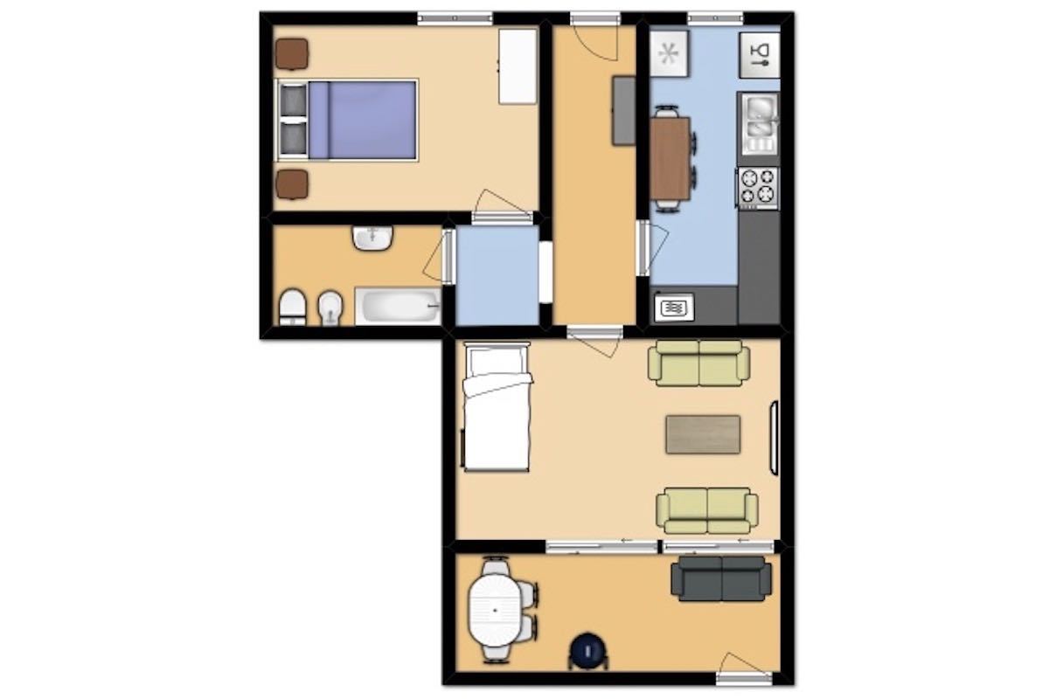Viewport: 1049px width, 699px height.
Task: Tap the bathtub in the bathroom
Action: click(x=398, y=307)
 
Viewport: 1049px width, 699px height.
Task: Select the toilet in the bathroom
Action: click(x=292, y=308)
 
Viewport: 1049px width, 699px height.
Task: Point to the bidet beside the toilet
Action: click(x=330, y=308)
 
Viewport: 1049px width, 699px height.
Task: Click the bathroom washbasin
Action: click(x=373, y=238)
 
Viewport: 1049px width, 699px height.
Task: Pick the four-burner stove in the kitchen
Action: click(x=758, y=186)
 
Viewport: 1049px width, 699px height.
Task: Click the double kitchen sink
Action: click(x=758, y=121)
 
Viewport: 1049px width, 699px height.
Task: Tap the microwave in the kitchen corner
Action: click(x=674, y=308)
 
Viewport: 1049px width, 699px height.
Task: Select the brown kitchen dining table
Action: click(x=670, y=158)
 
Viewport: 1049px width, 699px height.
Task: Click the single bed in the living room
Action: click(x=497, y=406)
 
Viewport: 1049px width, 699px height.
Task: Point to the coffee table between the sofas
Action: click(x=703, y=434)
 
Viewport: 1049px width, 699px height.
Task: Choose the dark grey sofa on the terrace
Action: click(x=721, y=578)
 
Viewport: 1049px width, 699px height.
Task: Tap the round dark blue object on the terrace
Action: click(x=587, y=651)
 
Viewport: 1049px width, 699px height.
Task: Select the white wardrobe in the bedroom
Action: click(x=518, y=66)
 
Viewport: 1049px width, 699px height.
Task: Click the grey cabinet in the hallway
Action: click(x=623, y=110)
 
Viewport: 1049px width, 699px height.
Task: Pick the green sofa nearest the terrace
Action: click(x=707, y=510)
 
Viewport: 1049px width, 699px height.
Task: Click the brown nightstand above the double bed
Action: click(x=292, y=53)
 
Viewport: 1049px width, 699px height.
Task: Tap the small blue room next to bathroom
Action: click(x=497, y=275)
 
